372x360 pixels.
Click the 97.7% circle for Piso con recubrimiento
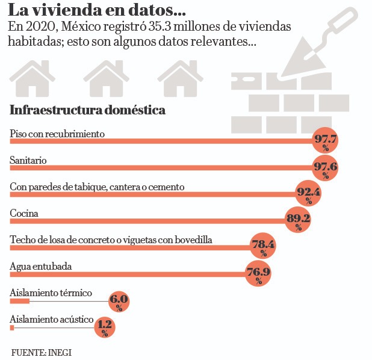pos(325,141)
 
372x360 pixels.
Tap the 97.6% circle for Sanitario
pos(325,167)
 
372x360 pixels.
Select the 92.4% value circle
pos(308,193)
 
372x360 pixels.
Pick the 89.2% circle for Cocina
pos(298,220)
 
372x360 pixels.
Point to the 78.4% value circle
pos(263,246)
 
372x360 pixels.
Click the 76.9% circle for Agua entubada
pos(258,273)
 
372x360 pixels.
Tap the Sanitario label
pos(28,160)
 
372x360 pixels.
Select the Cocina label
pos(24,213)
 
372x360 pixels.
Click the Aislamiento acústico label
pos(51,319)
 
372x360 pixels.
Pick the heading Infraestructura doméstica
pos(88,111)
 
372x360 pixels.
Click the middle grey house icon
pos(106,79)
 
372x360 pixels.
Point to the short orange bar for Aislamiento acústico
pos(12,328)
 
